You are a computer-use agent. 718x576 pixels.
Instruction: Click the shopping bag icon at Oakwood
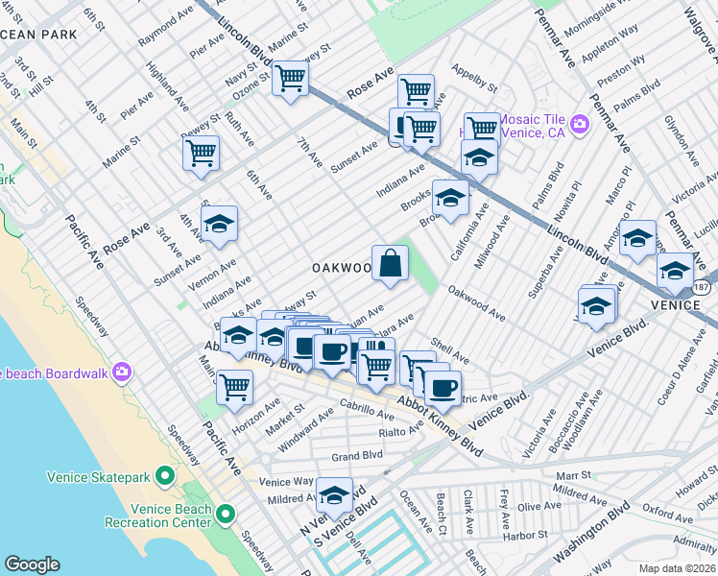(x=390, y=263)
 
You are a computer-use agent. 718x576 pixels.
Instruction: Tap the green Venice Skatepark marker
(x=165, y=475)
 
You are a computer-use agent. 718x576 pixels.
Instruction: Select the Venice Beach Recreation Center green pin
(x=226, y=515)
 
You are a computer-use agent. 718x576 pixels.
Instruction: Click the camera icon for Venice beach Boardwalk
(x=121, y=372)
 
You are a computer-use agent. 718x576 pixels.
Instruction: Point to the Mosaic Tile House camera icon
(x=579, y=124)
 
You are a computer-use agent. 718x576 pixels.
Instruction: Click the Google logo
(x=32, y=564)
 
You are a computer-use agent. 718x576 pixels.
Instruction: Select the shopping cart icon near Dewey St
(x=201, y=152)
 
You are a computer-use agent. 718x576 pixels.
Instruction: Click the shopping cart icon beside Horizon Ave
(x=234, y=387)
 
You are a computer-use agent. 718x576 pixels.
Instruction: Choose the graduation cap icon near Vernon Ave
(x=219, y=224)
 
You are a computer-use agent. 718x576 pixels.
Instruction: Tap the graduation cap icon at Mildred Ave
(x=334, y=495)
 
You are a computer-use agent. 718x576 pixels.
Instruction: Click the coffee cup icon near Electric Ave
(x=442, y=387)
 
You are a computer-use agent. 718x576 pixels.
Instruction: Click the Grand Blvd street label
(x=357, y=456)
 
